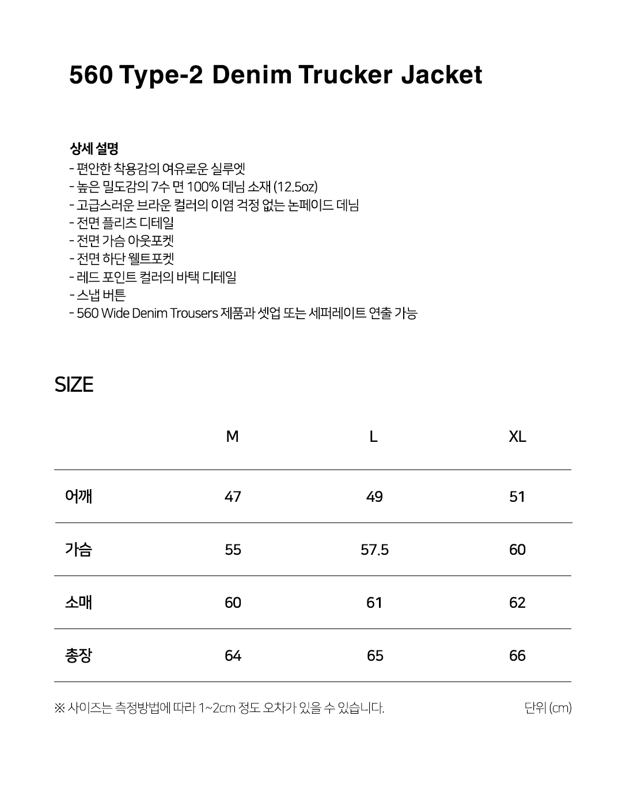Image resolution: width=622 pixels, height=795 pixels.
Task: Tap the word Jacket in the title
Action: click(x=441, y=75)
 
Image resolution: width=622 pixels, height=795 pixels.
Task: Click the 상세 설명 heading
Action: click(x=94, y=149)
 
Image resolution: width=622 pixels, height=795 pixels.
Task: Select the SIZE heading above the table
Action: click(x=74, y=385)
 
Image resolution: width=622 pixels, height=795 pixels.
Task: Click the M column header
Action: click(x=232, y=437)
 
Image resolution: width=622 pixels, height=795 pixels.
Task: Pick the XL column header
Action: click(x=517, y=437)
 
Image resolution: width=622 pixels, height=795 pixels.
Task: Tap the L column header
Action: click(x=373, y=437)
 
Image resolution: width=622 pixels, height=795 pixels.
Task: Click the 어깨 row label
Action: click(x=79, y=496)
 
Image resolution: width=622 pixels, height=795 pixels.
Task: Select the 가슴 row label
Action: click(x=79, y=549)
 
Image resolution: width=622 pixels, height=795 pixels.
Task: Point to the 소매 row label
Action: click(x=79, y=602)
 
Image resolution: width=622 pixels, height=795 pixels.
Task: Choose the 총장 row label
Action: click(x=79, y=655)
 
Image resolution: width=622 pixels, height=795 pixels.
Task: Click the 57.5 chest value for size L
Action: click(x=374, y=550)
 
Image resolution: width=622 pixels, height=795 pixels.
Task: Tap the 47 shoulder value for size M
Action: click(x=233, y=497)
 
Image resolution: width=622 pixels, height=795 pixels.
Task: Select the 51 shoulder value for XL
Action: click(x=517, y=497)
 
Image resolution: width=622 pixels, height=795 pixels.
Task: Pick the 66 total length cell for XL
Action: click(x=517, y=656)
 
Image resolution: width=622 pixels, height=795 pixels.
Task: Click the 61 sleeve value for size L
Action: click(x=374, y=603)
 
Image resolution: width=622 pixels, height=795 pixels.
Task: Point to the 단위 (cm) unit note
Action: click(x=548, y=707)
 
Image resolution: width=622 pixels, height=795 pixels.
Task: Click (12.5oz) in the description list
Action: click(x=295, y=187)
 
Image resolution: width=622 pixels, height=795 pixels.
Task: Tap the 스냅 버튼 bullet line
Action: click(x=100, y=295)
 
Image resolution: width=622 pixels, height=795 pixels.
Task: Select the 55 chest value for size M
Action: click(x=233, y=550)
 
